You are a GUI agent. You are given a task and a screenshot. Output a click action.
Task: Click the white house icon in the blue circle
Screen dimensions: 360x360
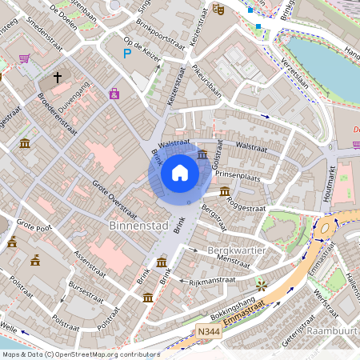tap(180, 173)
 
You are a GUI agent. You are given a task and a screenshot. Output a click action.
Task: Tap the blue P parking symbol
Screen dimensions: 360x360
tap(126, 54)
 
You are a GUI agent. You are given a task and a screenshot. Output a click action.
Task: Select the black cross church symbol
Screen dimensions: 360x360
tap(58, 78)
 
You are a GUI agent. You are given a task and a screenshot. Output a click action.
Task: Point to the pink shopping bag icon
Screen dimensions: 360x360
tap(115, 94)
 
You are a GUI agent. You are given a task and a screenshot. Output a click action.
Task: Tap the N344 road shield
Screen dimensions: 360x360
tap(206, 329)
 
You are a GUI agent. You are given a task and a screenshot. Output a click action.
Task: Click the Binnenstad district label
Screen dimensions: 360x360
tap(138, 226)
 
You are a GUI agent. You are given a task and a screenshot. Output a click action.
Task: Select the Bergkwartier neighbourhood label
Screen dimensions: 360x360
tap(235, 250)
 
